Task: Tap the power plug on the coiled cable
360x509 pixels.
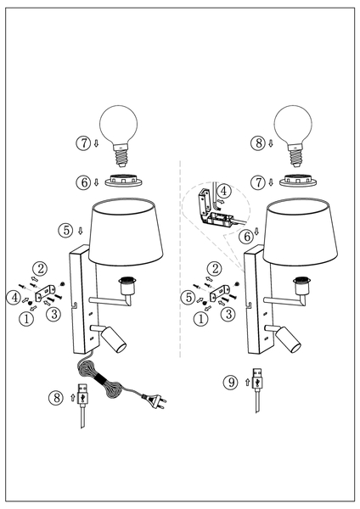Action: coord(154,399)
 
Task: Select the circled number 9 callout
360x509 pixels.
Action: coord(231,382)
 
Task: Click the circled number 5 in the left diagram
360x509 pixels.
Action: coord(66,231)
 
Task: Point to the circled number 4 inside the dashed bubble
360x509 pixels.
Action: coord(224,191)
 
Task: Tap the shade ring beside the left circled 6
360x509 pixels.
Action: coord(123,181)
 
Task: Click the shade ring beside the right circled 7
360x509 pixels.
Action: coord(298,181)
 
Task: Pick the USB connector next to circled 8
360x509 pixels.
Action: coord(83,406)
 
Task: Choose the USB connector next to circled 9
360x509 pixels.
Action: coord(257,389)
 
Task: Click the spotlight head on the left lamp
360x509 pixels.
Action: coord(114,339)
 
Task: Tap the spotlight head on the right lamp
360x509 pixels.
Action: coord(288,339)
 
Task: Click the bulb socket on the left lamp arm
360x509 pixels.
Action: coord(127,286)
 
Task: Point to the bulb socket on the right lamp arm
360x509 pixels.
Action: coord(301,286)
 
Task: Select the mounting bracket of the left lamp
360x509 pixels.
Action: coord(43,292)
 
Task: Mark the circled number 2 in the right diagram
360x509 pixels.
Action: coord(215,269)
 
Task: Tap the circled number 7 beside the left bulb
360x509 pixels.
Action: coord(83,143)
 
